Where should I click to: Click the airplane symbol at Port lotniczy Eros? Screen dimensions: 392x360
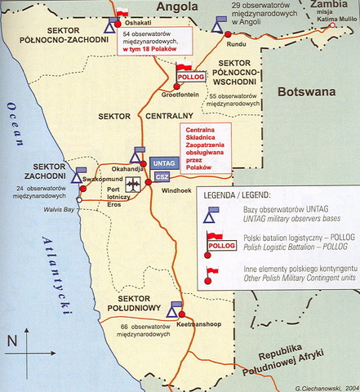click(134, 185)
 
